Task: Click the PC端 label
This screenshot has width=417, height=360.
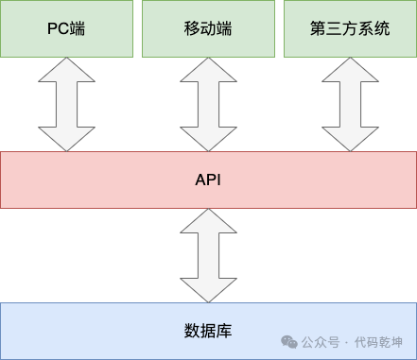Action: [x=66, y=28]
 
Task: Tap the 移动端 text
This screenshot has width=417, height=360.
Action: [x=208, y=28]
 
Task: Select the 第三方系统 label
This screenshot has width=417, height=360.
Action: [x=350, y=28]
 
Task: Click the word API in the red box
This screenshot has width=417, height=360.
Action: [x=208, y=179]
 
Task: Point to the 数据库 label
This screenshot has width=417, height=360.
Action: [x=208, y=331]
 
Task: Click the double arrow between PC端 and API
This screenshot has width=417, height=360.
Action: [x=66, y=103]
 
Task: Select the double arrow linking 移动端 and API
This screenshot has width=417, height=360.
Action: [x=208, y=103]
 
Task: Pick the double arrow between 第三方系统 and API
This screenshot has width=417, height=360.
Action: [x=350, y=103]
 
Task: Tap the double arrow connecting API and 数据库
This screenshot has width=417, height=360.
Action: [x=208, y=255]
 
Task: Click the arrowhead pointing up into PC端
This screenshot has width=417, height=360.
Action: [x=66, y=68]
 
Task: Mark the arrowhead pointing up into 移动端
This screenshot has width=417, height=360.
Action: [x=208, y=68]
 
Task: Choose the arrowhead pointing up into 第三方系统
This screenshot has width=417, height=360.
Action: [x=350, y=68]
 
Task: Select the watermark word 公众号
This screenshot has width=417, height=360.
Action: [x=321, y=342]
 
